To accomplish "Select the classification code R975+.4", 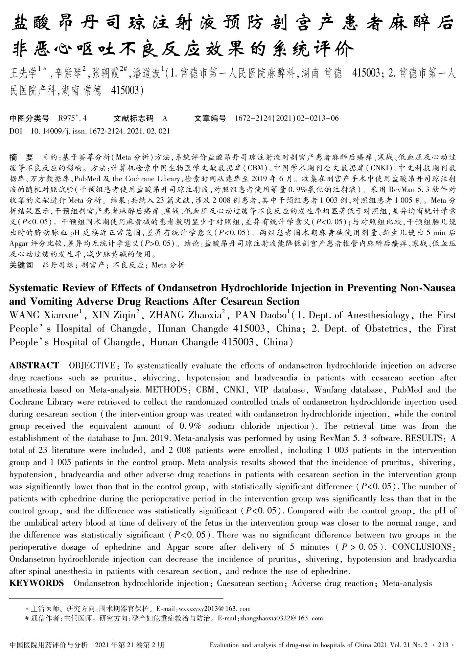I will (x=73, y=118).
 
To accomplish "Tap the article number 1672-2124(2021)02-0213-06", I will (x=286, y=118).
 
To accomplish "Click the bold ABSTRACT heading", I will (x=34, y=366).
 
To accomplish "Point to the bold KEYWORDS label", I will (x=37, y=583).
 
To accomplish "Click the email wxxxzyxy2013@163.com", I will (x=214, y=609).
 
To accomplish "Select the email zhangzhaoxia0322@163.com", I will (x=281, y=618).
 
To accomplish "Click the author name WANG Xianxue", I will (x=44, y=315).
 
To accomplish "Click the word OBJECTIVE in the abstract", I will (x=92, y=366).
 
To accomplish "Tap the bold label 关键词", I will (x=21, y=265).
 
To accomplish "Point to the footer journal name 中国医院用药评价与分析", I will (x=48, y=645).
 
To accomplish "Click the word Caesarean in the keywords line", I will (x=236, y=583).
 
